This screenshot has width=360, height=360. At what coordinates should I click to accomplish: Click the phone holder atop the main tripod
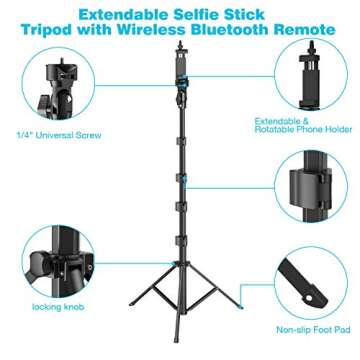(x=180, y=60)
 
